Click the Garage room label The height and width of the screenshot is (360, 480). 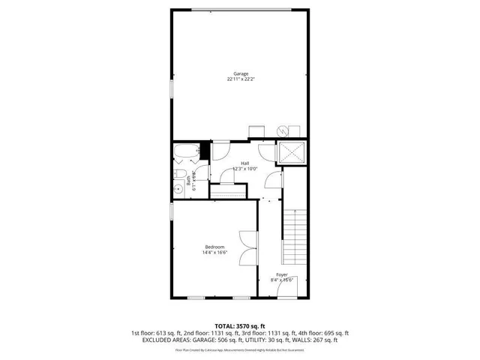pyautogui.click(x=240, y=73)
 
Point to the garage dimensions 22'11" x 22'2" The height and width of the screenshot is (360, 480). pyautogui.click(x=240, y=79)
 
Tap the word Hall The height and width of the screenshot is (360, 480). pyautogui.click(x=244, y=163)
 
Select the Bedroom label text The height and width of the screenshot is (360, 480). pyautogui.click(x=214, y=247)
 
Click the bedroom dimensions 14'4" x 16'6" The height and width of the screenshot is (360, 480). pyautogui.click(x=214, y=253)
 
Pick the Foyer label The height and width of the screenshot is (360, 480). pyautogui.click(x=281, y=275)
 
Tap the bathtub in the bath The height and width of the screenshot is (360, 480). pyautogui.click(x=184, y=153)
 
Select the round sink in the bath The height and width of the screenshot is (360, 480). pyautogui.click(x=178, y=190)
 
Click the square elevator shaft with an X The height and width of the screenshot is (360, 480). pyautogui.click(x=290, y=154)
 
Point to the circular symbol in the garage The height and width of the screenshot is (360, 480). pyautogui.click(x=282, y=131)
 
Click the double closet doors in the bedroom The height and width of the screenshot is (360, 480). pyautogui.click(x=247, y=247)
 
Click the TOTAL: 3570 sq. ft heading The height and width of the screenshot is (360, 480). pyautogui.click(x=240, y=326)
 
